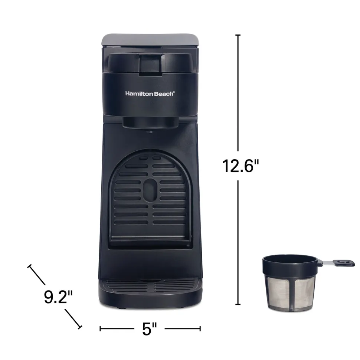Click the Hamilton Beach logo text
(x=150, y=94)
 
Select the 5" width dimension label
(x=150, y=329)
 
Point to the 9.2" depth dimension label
(x=58, y=297)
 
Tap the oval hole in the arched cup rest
(x=150, y=189)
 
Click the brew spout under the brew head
(x=150, y=131)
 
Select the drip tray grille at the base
(x=150, y=285)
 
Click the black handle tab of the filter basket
(x=344, y=263)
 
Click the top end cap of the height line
(x=238, y=35)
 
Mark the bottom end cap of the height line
(x=238, y=304)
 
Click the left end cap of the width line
(x=101, y=328)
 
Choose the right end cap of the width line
(x=200, y=328)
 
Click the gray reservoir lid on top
(x=150, y=38)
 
